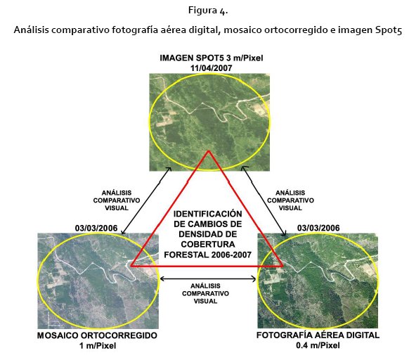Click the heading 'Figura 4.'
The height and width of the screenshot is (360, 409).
click(208, 11)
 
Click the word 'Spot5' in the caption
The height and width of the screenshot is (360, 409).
click(389, 30)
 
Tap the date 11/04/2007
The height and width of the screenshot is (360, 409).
click(211, 68)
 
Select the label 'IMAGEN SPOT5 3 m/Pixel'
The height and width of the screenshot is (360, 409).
click(211, 58)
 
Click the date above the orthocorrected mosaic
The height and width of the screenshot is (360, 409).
click(96, 228)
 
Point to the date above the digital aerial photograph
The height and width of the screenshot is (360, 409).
click(318, 228)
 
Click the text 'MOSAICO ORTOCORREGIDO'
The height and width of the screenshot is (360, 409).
click(97, 335)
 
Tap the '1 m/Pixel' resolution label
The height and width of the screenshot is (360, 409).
click(98, 346)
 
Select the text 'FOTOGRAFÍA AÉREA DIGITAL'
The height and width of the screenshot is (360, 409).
click(318, 335)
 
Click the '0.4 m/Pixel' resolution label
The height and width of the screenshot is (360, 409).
click(318, 346)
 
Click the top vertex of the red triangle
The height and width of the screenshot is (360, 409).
click(209, 151)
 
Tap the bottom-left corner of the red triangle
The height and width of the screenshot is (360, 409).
click(131, 266)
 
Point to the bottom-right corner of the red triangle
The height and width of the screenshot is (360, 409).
click(283, 266)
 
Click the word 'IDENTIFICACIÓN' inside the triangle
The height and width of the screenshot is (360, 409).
click(208, 214)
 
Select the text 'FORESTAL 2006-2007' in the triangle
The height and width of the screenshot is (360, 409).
click(207, 255)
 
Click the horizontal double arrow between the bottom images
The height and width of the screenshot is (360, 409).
click(208, 279)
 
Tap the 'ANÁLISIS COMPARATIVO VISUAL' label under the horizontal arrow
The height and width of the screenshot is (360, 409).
click(205, 293)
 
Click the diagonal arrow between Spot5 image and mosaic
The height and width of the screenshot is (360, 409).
click(146, 200)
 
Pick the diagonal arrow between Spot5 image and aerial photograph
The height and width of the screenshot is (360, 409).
click(264, 200)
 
